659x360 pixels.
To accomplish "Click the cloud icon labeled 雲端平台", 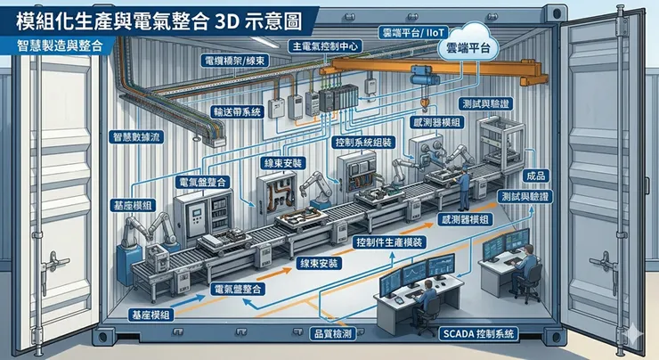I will coord(468,51).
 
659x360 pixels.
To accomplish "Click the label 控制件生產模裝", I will coord(388,242).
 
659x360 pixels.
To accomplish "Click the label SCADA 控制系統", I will coord(479,333).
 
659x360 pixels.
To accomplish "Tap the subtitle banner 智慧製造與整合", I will coord(59,44).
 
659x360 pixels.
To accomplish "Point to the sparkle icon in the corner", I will coord(635,331).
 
